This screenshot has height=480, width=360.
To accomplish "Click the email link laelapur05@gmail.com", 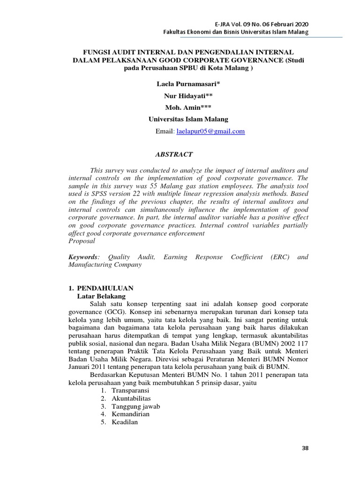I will pos(210,132).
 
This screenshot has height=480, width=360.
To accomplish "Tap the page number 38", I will pos(305,448).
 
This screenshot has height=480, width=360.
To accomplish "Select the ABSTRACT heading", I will pos(173,154).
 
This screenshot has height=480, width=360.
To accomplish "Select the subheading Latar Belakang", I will pos(101,296).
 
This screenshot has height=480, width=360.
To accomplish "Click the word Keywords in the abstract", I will pos(83,257).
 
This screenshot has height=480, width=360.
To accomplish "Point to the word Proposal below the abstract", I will pos(82,241).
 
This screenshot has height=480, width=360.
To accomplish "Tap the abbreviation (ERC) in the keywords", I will pos(280,257).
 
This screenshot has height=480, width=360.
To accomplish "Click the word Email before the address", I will pos(165,132).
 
